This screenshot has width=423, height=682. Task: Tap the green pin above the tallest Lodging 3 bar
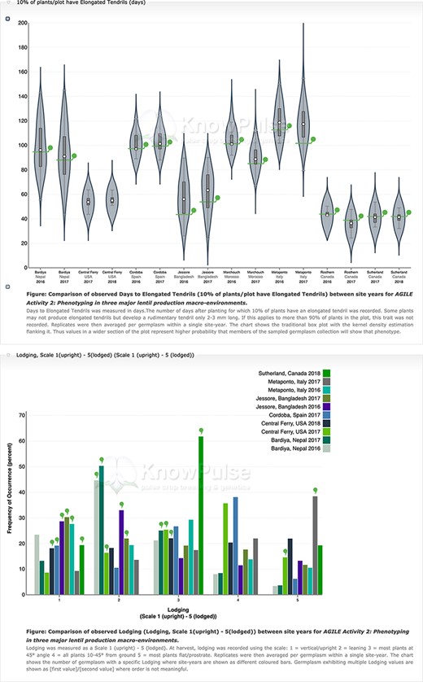pos(201,431)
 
